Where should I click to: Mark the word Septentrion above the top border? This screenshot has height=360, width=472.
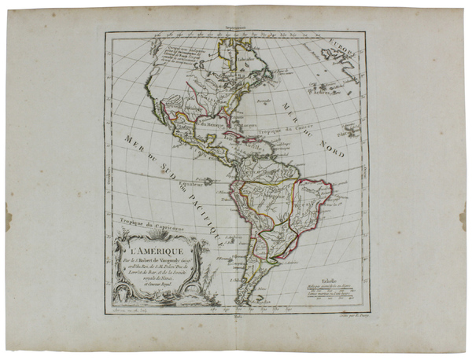tap(236, 29)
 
